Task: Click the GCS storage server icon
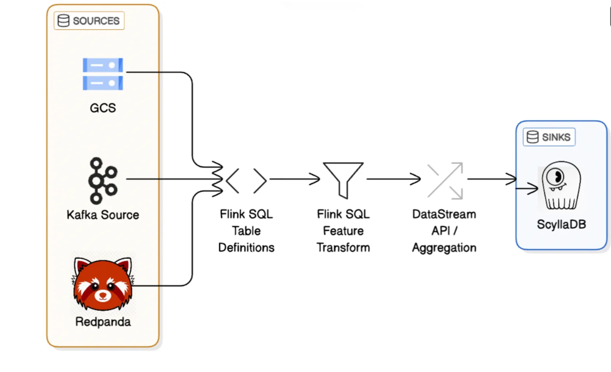coord(103,74)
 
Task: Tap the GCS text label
coord(103,108)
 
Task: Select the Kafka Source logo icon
coord(103,180)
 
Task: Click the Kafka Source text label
coord(103,215)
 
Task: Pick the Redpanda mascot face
coord(103,283)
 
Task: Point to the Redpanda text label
coord(103,322)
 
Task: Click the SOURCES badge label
coord(96,21)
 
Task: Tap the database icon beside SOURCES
coord(64,21)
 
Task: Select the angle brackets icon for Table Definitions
coord(246,180)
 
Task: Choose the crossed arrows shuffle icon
coord(445,180)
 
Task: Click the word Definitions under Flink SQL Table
coord(246,247)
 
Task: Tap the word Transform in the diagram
coord(343,247)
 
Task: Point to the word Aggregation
coord(444,248)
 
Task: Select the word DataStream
coord(444,214)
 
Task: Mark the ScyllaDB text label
coord(561,224)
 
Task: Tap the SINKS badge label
coord(556,137)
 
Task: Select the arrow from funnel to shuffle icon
coord(393,179)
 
